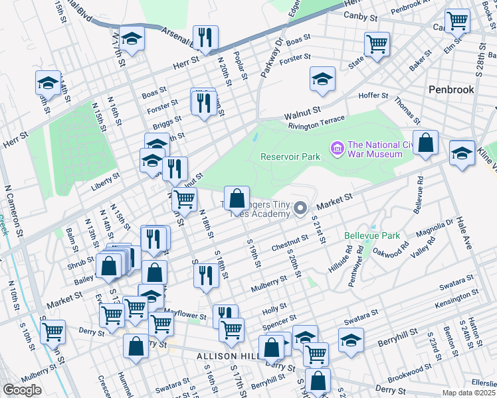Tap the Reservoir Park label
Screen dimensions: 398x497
tap(290, 157)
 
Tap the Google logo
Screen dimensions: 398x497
tap(23, 390)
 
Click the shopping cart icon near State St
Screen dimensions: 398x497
tap(376, 44)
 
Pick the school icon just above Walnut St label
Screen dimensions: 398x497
tap(322, 79)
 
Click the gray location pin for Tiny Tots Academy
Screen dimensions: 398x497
tap(300, 210)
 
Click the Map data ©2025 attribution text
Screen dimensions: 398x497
tap(468, 393)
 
